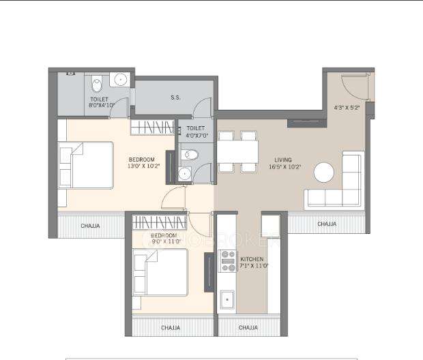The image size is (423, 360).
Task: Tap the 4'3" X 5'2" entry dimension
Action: pyautogui.click(x=346, y=107)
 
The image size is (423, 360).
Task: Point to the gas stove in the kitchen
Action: pyautogui.click(x=227, y=262)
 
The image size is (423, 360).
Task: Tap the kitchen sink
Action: pyautogui.click(x=227, y=299)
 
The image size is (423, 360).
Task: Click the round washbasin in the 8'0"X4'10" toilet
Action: pyautogui.click(x=121, y=80)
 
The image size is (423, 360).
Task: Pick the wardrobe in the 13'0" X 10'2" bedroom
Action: pyautogui.click(x=153, y=127)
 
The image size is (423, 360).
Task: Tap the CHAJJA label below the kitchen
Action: pyautogui.click(x=248, y=328)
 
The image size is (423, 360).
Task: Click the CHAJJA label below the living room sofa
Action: pyautogui.click(x=327, y=224)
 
